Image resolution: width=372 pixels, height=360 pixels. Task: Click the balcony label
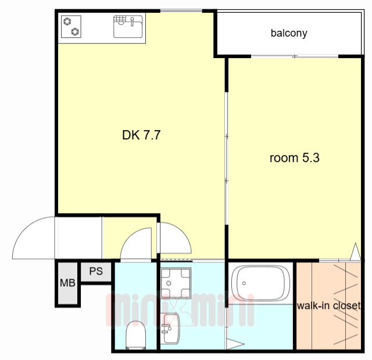289,33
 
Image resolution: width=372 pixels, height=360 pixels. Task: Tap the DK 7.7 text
141,135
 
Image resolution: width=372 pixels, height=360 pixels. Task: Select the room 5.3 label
295,157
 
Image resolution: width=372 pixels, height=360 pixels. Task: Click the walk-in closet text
329,305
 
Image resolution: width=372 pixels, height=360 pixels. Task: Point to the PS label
96,271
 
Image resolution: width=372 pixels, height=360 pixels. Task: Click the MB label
67,283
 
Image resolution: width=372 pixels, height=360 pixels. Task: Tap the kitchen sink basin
128,26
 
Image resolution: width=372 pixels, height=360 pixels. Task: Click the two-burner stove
71,26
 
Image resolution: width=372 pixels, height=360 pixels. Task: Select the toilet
135,335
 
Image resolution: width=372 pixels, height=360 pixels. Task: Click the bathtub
260,283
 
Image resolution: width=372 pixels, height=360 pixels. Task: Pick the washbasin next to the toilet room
170,328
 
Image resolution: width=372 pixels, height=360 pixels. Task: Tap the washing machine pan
176,283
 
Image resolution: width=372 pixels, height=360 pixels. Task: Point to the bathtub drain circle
244,283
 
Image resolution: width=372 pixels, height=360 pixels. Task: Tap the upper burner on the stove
67,21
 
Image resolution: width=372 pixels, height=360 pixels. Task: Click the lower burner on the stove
75,31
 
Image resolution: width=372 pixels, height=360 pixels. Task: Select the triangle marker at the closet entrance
355,251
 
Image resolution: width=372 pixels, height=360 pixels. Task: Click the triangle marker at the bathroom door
235,344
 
